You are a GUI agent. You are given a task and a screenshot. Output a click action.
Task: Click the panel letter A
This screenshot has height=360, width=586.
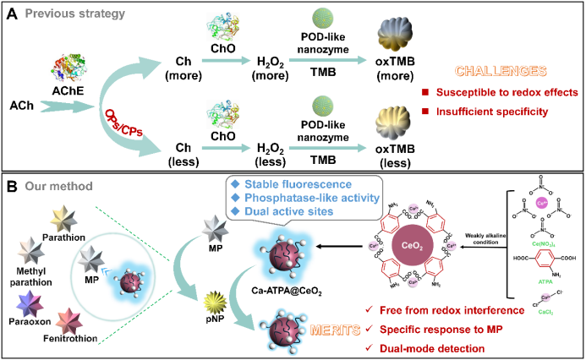[x=13, y=14]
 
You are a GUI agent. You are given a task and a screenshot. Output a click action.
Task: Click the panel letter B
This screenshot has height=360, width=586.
[x=13, y=184]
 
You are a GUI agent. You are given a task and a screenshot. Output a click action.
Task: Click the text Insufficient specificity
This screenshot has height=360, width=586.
[x=503, y=111]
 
